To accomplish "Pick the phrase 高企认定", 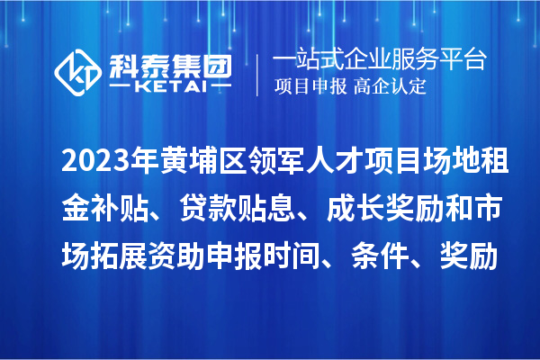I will tap(390, 88).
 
